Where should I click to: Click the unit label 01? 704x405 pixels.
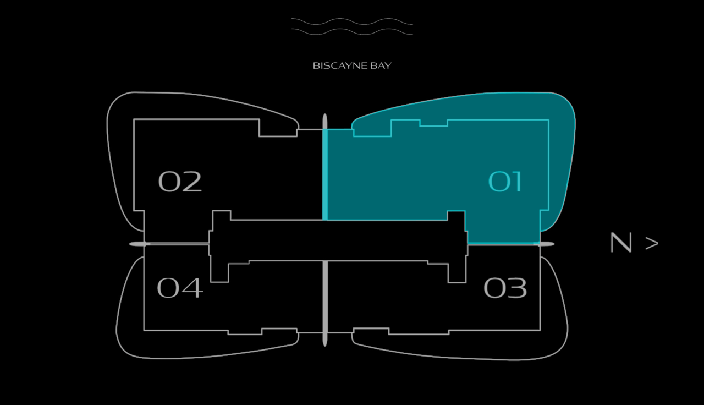(505, 182)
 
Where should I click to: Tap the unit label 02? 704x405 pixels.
(180, 182)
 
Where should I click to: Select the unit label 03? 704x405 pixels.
(505, 288)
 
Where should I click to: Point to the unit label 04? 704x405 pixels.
(180, 288)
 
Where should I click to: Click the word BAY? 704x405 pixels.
(381, 65)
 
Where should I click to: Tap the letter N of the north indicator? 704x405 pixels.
(621, 243)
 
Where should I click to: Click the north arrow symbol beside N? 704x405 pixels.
(652, 243)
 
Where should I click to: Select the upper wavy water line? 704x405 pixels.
(352, 21)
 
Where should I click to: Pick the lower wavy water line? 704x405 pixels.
(352, 31)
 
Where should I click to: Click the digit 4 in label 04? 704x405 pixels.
(193, 288)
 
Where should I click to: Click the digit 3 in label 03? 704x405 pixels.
(517, 288)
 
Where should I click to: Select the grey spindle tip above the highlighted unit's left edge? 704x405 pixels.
(325, 122)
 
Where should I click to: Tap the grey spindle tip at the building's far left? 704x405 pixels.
(137, 244)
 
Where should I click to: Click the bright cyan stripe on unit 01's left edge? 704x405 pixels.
(325, 174)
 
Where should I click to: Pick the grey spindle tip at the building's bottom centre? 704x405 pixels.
(325, 340)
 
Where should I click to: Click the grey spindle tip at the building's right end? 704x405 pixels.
(546, 244)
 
